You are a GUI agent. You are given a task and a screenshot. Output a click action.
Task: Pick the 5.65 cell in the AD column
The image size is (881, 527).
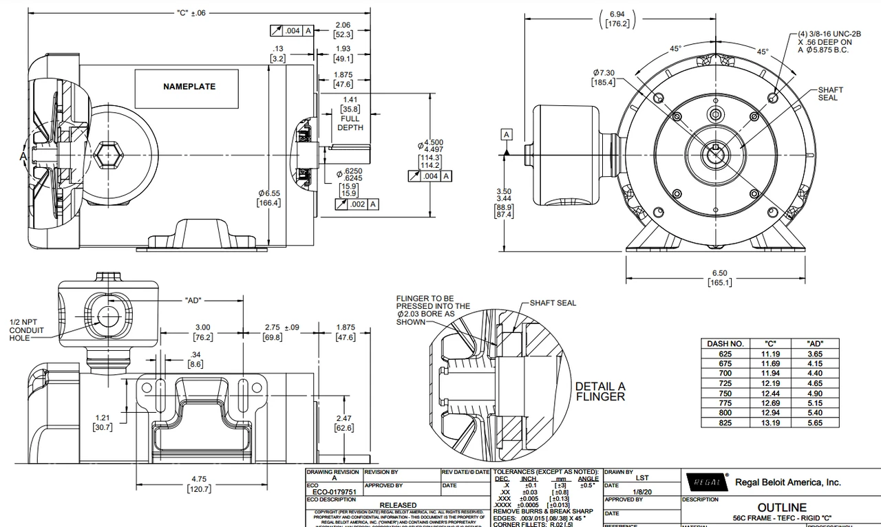815,423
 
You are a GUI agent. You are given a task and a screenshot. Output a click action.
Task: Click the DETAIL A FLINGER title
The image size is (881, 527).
599,391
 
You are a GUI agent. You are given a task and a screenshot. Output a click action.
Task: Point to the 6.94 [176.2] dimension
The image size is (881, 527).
616,19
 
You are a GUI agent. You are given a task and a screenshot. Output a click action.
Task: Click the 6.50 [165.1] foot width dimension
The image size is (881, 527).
717,278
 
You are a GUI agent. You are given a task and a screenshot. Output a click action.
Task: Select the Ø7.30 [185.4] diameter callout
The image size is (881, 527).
603,78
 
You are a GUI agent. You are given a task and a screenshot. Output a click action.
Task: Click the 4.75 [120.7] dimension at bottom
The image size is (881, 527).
199,484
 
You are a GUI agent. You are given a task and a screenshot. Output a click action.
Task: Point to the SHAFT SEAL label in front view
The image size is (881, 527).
829,94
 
